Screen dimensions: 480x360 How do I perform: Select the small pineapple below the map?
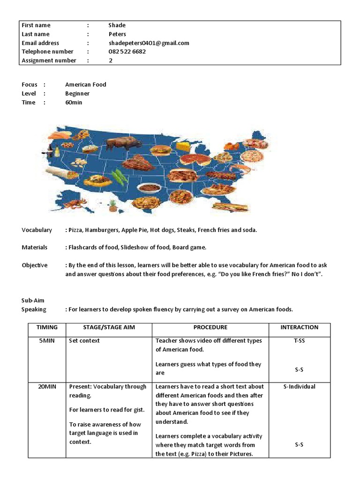pyautogui.click(x=112, y=205)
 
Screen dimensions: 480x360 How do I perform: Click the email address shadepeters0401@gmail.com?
pyautogui.click(x=149, y=43)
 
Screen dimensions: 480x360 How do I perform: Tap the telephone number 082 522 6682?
pyautogui.click(x=127, y=52)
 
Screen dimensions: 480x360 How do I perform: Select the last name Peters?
pyautogui.click(x=117, y=34)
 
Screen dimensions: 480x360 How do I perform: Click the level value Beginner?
pyautogui.click(x=77, y=93)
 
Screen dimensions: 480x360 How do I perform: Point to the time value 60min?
pyautogui.click(x=74, y=102)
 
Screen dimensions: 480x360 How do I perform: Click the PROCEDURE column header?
pyautogui.click(x=210, y=327)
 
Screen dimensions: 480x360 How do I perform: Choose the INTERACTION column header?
pyautogui.click(x=299, y=327)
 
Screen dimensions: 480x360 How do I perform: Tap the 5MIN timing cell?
pyautogui.click(x=46, y=341)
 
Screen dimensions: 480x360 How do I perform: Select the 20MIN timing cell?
pyautogui.click(x=46, y=387)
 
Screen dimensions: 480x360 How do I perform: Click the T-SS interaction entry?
pyautogui.click(x=299, y=341)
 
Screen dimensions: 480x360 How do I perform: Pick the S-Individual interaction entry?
pyautogui.click(x=299, y=387)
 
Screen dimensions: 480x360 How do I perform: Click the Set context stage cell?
pyautogui.click(x=84, y=341)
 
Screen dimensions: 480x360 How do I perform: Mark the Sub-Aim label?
pyautogui.click(x=33, y=300)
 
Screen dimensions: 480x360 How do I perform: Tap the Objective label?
pyautogui.click(x=35, y=265)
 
